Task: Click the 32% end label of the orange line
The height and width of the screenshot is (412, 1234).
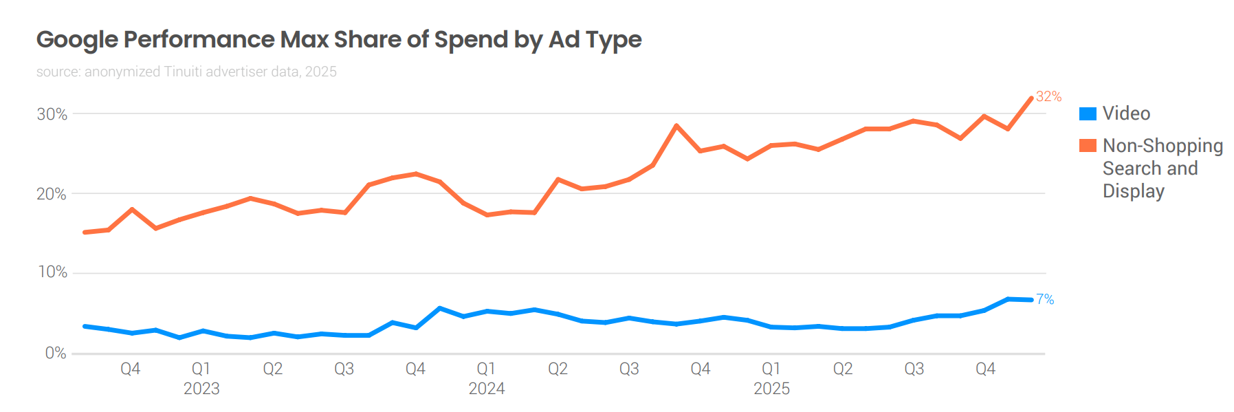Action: (1048, 96)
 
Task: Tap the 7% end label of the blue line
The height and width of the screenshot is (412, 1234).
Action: (1045, 299)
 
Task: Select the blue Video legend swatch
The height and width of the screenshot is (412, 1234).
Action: (1088, 113)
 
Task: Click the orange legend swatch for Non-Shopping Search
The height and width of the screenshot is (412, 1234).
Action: (1088, 146)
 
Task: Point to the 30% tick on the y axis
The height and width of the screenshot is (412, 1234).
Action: (52, 114)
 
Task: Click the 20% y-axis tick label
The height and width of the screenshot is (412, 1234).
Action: (52, 194)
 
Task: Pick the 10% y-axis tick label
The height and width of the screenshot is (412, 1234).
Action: (52, 272)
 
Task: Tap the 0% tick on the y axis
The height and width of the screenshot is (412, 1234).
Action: (56, 353)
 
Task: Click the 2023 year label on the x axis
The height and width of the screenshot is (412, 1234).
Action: (201, 389)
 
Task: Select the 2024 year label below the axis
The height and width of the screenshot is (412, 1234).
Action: (487, 389)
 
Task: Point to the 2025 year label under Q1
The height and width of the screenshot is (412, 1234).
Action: (771, 389)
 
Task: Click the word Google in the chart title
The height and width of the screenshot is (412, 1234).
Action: (77, 40)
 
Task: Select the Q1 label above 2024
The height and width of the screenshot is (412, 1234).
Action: (486, 369)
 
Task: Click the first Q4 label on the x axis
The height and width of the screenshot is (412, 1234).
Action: (130, 369)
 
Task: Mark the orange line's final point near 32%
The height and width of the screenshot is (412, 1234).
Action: (1031, 98)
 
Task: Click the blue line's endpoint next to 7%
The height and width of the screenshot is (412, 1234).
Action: (1031, 300)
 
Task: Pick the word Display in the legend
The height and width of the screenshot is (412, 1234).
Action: (1133, 191)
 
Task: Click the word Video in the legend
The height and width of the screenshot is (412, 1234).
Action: (1126, 113)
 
